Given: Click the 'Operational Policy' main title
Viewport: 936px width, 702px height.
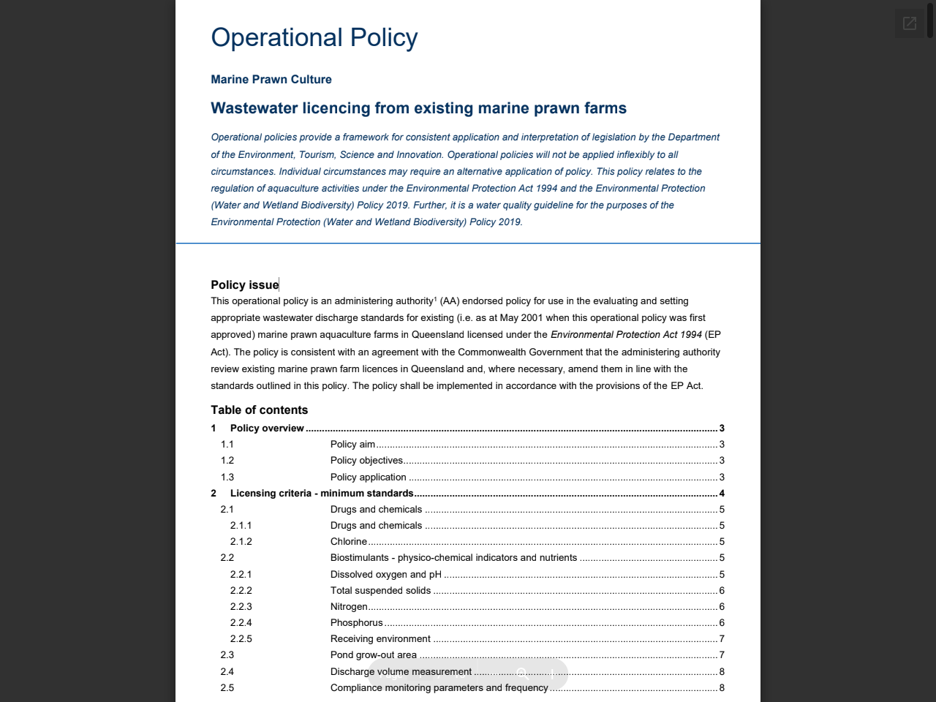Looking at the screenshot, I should pyautogui.click(x=314, y=37).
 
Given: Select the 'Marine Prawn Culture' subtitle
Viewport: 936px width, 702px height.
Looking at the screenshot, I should pyautogui.click(x=271, y=80).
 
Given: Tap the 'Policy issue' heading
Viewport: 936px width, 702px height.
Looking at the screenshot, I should pyautogui.click(x=245, y=285).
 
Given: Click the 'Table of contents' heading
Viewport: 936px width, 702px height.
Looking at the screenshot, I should pyautogui.click(x=260, y=410).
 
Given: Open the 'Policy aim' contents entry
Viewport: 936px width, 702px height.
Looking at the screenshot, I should pyautogui.click(x=352, y=445).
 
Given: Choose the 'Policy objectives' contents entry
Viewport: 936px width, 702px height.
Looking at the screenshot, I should pyautogui.click(x=366, y=461).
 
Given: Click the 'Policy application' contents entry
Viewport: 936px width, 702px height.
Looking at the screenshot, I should pyautogui.click(x=368, y=478).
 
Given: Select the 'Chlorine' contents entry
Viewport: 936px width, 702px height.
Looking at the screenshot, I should pyautogui.click(x=349, y=542).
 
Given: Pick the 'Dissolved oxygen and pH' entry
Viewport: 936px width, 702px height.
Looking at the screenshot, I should pyautogui.click(x=386, y=575).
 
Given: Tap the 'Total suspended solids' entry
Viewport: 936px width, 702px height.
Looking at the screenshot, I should pyautogui.click(x=380, y=591).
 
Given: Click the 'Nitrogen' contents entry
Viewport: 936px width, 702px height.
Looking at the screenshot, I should pyautogui.click(x=349, y=607).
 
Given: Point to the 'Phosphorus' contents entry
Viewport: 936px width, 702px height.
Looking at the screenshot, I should pyautogui.click(x=357, y=623).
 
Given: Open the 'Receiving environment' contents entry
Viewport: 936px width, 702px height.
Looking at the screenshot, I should pyautogui.click(x=380, y=639).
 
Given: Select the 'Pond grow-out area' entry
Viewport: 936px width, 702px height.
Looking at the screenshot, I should pyautogui.click(x=374, y=655).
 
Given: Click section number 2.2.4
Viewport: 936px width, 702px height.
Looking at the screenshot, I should pyautogui.click(x=241, y=623).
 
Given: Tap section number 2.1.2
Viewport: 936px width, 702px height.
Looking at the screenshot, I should pyautogui.click(x=241, y=542).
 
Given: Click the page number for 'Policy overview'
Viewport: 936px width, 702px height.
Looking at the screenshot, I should pyautogui.click(x=722, y=429).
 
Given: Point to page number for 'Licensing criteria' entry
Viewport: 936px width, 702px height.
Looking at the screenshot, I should pyautogui.click(x=722, y=494).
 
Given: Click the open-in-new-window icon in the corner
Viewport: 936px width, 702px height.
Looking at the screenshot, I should pyautogui.click(x=910, y=23).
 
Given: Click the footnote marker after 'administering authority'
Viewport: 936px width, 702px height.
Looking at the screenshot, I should pyautogui.click(x=435, y=298).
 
